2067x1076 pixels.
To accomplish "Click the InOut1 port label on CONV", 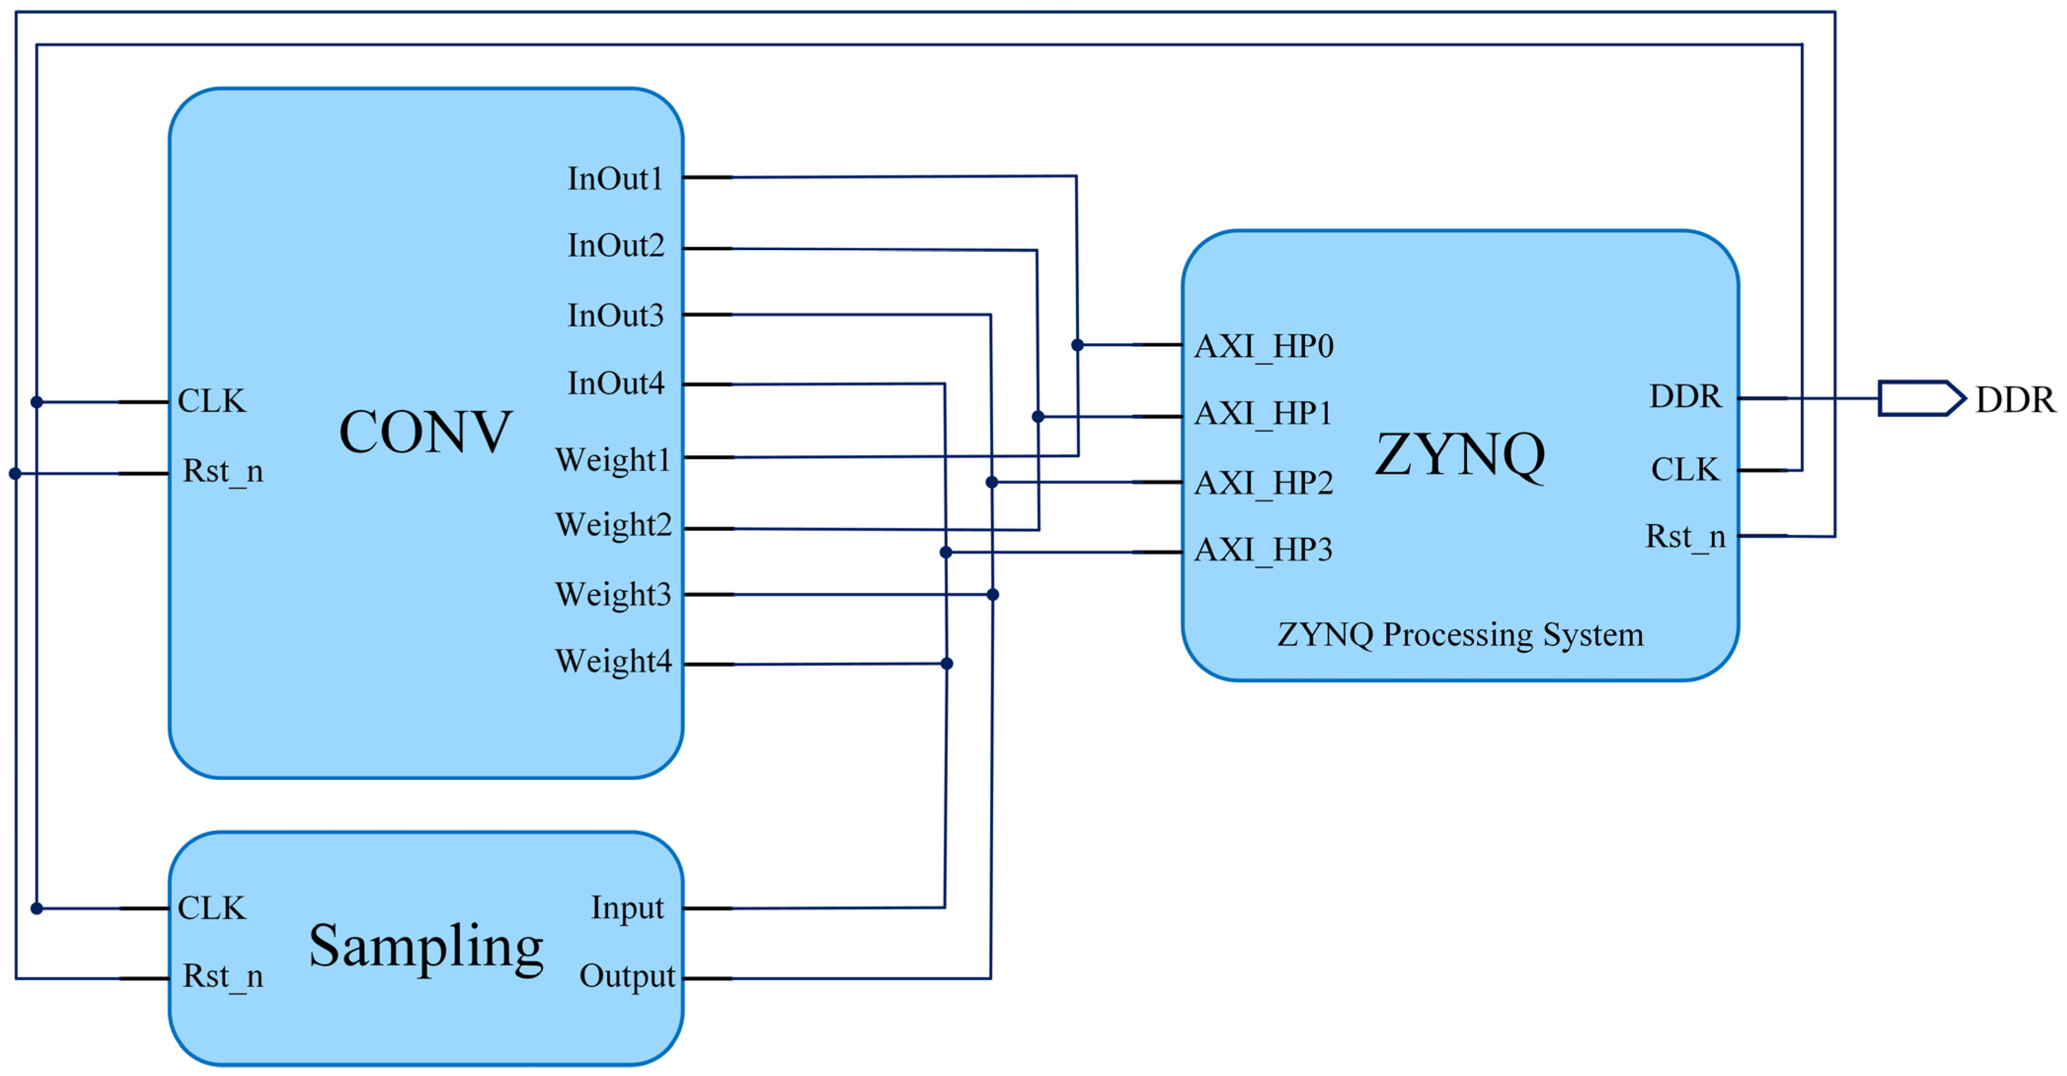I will pos(615,178).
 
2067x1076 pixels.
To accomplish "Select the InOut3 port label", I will pos(615,316).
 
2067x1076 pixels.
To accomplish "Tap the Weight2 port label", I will pos(613,525).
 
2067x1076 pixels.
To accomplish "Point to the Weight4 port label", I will pos(613,661).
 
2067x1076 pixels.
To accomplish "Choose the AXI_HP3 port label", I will pos(1263,550).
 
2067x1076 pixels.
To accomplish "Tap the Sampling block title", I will pos(426,946).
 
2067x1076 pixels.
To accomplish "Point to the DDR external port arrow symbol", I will pos(1921,398).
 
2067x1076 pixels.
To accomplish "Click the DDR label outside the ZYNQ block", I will pos(2015,399).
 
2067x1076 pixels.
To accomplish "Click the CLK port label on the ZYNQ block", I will pos(1684,470).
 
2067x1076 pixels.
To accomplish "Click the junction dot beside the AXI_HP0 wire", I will pos(1077,345).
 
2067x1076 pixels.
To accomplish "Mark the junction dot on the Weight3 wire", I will pos(993,595).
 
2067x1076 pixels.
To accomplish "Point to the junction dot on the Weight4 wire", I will pos(947,664).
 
